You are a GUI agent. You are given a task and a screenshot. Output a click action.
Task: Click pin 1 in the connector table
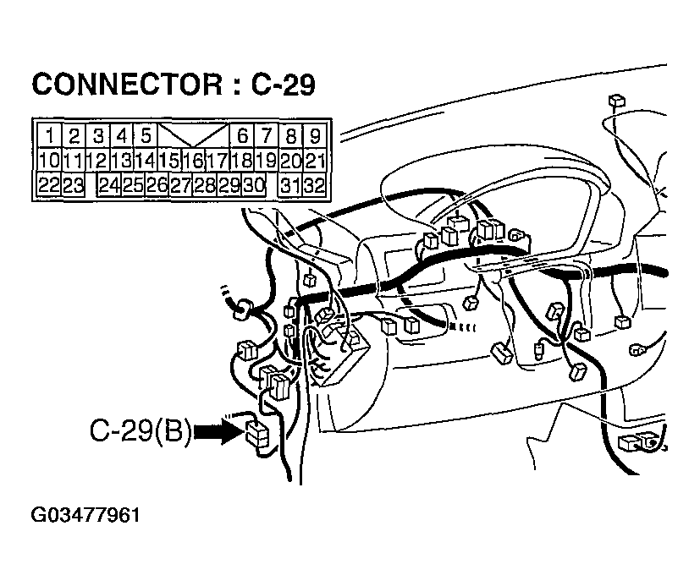pyautogui.click(x=50, y=135)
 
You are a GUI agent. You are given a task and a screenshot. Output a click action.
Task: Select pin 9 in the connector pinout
pyautogui.click(x=315, y=135)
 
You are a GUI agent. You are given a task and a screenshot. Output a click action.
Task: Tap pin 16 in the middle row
pyautogui.click(x=194, y=160)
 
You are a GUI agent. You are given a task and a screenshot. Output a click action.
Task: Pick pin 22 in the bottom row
pyautogui.click(x=48, y=184)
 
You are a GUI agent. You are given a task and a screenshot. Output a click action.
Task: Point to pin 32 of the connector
pyautogui.click(x=314, y=184)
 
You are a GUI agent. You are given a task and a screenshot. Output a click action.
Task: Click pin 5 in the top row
pyautogui.click(x=146, y=135)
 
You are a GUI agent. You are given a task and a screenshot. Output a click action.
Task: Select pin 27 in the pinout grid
pyautogui.click(x=181, y=184)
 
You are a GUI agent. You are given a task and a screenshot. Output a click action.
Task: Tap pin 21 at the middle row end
pyautogui.click(x=315, y=160)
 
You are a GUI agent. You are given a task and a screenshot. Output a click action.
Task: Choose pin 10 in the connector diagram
pyautogui.click(x=49, y=160)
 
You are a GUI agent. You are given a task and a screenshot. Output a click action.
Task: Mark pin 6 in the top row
pyautogui.click(x=242, y=135)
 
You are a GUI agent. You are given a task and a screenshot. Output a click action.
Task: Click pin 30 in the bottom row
pyautogui.click(x=253, y=184)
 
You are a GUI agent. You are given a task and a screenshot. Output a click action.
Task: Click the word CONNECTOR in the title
pyautogui.click(x=127, y=85)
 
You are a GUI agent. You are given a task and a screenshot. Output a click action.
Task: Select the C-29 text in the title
pyautogui.click(x=283, y=85)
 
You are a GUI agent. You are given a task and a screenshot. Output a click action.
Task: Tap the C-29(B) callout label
pyautogui.click(x=140, y=430)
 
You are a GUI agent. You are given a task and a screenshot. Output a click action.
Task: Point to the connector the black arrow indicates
pyautogui.click(x=256, y=434)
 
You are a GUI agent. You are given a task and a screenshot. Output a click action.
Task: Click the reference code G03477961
pyautogui.click(x=85, y=515)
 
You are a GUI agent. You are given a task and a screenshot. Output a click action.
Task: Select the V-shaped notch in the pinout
pyautogui.click(x=193, y=135)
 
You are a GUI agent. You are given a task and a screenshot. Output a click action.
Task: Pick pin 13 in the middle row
pyautogui.click(x=121, y=160)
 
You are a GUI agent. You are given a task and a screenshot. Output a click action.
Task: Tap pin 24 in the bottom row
pyautogui.click(x=109, y=184)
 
